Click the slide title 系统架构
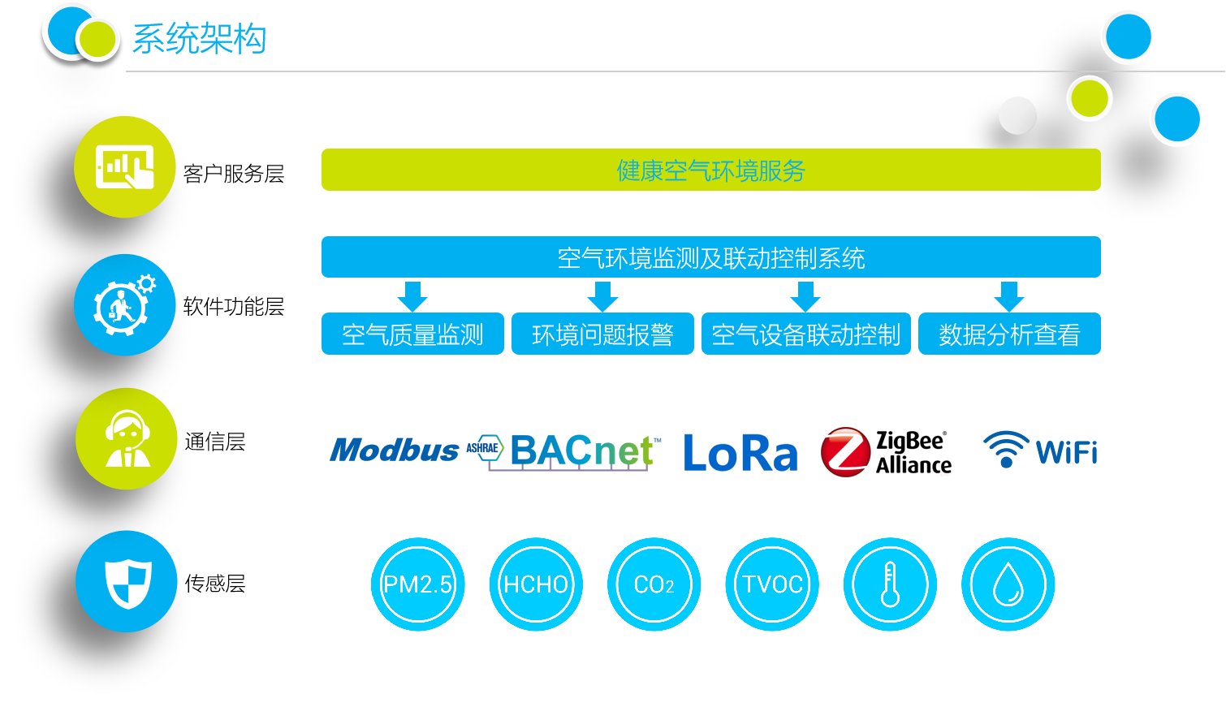tap(199, 39)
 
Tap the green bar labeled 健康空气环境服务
tap(710, 170)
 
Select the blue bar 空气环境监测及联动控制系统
tap(710, 257)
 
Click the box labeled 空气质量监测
tap(412, 334)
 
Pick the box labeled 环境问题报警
tap(602, 334)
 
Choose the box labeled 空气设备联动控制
tap(806, 334)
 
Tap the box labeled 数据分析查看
tap(1009, 334)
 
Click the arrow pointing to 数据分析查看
tap(1009, 296)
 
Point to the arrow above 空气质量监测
tap(412, 296)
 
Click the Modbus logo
tap(395, 450)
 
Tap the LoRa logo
tap(740, 452)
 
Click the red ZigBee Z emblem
tap(845, 452)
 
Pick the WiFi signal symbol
tap(1006, 449)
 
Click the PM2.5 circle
tap(418, 584)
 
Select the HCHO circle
tap(536, 584)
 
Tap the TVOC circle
tap(772, 584)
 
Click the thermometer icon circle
tap(890, 584)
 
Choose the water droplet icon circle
tap(1008, 584)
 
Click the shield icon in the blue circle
tap(127, 581)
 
